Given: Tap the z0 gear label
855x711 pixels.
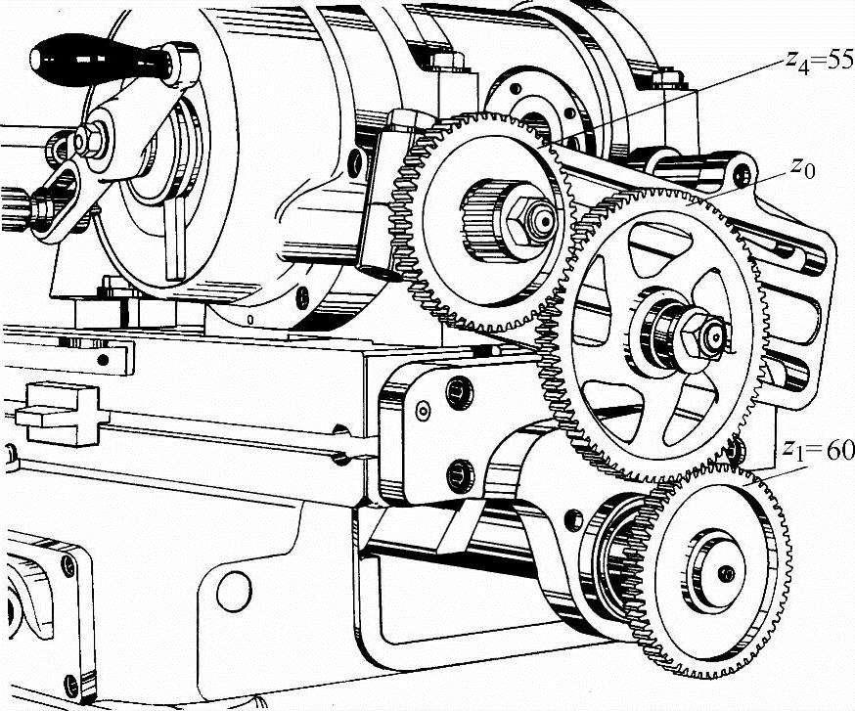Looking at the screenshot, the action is pyautogui.click(x=802, y=169).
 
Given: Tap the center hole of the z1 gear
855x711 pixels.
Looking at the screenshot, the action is pyautogui.click(x=725, y=573).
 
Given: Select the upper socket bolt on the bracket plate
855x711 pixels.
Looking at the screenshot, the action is pyautogui.click(x=459, y=392).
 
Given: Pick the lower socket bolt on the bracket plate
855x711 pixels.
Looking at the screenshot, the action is pyautogui.click(x=460, y=473).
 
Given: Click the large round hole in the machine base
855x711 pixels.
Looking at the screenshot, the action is pyautogui.click(x=234, y=591).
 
